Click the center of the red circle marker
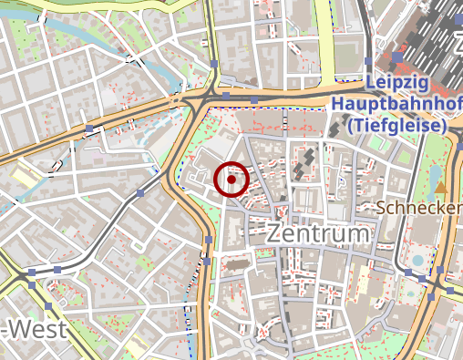(232, 179)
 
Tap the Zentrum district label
(319, 233)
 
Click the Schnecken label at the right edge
(419, 208)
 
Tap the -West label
(34, 329)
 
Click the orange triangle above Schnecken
(442, 187)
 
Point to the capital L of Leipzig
(369, 83)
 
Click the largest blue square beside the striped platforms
(398, 57)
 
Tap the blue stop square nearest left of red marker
(143, 193)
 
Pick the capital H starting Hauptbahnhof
(339, 104)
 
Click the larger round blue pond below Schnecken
(418, 261)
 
